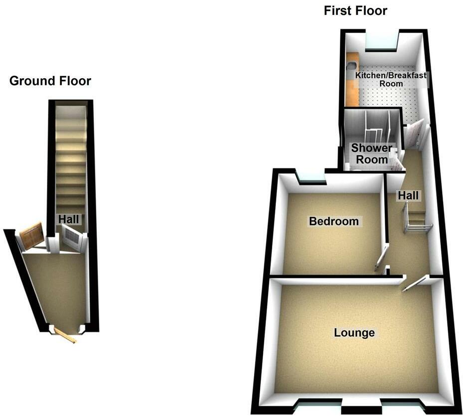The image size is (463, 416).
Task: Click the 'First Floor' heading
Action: [355, 11]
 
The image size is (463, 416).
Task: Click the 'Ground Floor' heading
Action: [50, 81]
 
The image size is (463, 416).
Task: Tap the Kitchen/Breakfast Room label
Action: [391, 79]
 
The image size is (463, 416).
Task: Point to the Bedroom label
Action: [334, 221]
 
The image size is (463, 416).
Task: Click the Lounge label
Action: [354, 332]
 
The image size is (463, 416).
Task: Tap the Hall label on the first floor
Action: [408, 196]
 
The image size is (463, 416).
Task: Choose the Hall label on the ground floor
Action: [68, 219]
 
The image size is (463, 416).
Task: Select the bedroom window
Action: [310, 176]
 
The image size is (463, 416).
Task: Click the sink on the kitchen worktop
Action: [350, 63]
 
